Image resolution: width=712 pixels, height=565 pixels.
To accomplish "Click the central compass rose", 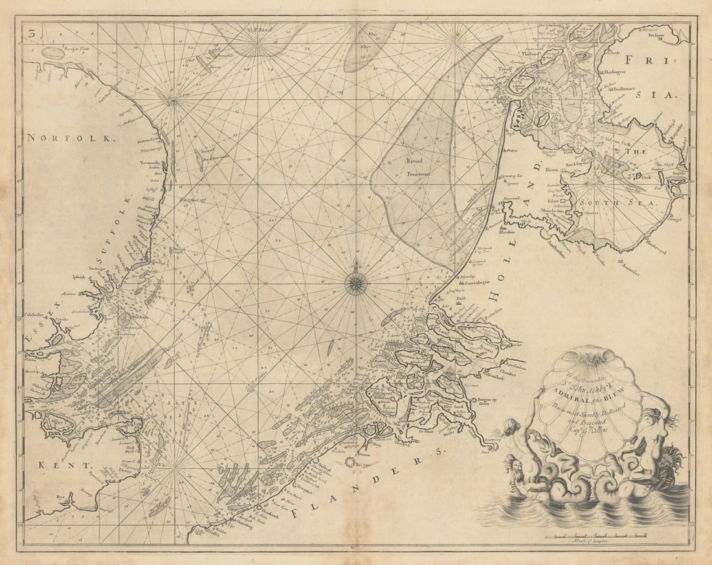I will tap(355, 283).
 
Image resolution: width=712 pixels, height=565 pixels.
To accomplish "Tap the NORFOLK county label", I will tap(71, 138).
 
